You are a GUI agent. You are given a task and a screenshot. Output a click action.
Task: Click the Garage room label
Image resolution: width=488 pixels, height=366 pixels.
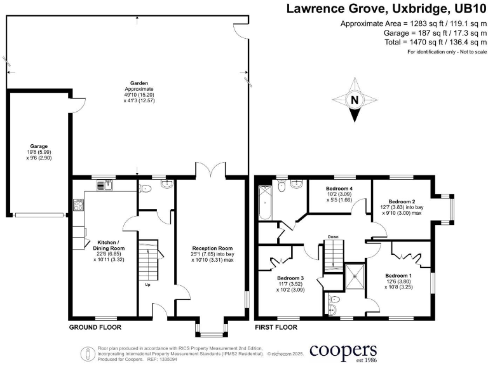(x=39, y=146)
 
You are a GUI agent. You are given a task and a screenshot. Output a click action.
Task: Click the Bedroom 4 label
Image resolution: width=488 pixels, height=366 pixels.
(x=339, y=189)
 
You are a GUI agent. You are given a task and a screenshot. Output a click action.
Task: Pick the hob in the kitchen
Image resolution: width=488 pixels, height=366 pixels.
(x=80, y=205)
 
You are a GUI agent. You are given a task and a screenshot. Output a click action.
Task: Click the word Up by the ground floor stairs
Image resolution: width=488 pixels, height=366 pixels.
(x=148, y=285)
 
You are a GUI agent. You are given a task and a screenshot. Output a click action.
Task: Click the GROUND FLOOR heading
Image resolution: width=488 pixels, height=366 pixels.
(x=95, y=327)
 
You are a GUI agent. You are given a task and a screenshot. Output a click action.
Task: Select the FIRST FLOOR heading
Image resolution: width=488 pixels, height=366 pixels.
(x=276, y=327)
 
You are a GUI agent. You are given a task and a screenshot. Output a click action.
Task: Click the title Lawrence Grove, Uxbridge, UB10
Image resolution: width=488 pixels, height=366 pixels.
(x=386, y=9)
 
